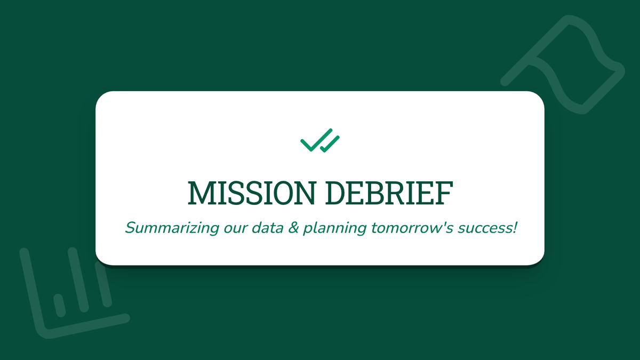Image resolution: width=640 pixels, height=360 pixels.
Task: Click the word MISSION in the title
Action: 251,193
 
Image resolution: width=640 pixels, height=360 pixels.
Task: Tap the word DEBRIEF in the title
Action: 389,193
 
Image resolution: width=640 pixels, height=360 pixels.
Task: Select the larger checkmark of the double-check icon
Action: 316,140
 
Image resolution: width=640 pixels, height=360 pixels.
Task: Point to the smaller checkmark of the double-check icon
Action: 330,144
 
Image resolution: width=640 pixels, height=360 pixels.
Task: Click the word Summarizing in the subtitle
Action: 172,228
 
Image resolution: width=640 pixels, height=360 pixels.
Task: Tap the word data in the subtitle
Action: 267,228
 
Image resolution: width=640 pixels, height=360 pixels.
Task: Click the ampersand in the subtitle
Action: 293,228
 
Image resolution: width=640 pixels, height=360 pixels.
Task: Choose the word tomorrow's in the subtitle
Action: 412,228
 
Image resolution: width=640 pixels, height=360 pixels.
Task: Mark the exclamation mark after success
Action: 515,227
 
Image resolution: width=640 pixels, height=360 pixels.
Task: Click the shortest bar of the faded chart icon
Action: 60,306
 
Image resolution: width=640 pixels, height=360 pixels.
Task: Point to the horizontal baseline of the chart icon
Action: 86,326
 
